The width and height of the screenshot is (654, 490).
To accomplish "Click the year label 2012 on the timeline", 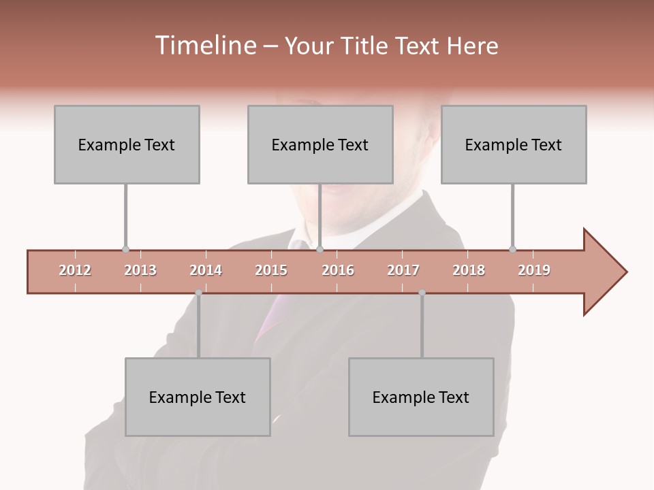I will pyautogui.click(x=75, y=270).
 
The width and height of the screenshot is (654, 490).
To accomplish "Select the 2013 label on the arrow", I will pyautogui.click(x=140, y=270).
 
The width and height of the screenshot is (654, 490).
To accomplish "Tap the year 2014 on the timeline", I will pyautogui.click(x=206, y=270).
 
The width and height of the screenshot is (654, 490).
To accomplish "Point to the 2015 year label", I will pyautogui.click(x=271, y=270).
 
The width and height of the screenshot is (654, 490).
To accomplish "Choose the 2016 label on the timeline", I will pyautogui.click(x=338, y=270).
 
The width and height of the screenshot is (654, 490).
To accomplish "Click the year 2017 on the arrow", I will pyautogui.click(x=403, y=270).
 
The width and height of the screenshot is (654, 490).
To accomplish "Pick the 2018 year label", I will pyautogui.click(x=469, y=270).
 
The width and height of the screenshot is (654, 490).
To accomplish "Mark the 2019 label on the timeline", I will pyautogui.click(x=534, y=270).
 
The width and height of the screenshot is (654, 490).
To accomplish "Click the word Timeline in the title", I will pyautogui.click(x=204, y=46).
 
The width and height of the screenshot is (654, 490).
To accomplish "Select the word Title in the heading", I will pyautogui.click(x=365, y=46).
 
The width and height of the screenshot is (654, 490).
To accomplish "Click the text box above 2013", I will pyautogui.click(x=127, y=144).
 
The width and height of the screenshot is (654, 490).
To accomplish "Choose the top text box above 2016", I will pyautogui.click(x=320, y=144).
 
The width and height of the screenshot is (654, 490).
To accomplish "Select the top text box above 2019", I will pyautogui.click(x=514, y=144).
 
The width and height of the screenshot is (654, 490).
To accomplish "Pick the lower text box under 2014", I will pyautogui.click(x=198, y=397).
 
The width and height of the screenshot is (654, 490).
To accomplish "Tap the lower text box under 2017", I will pyautogui.click(x=421, y=397).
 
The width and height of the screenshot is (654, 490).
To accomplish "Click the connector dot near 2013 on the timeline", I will pyautogui.click(x=125, y=250).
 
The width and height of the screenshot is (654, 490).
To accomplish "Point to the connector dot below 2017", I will pyautogui.click(x=422, y=293).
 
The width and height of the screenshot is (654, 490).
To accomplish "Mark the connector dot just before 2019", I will pyautogui.click(x=512, y=250).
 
